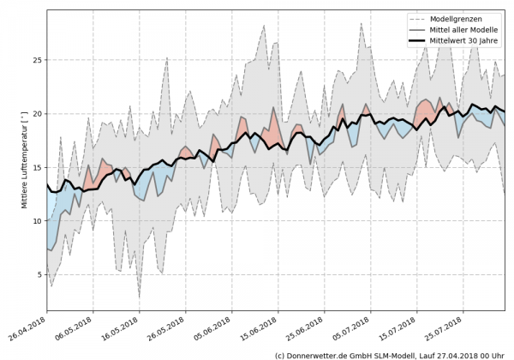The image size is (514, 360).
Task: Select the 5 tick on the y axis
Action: click(39, 274)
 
